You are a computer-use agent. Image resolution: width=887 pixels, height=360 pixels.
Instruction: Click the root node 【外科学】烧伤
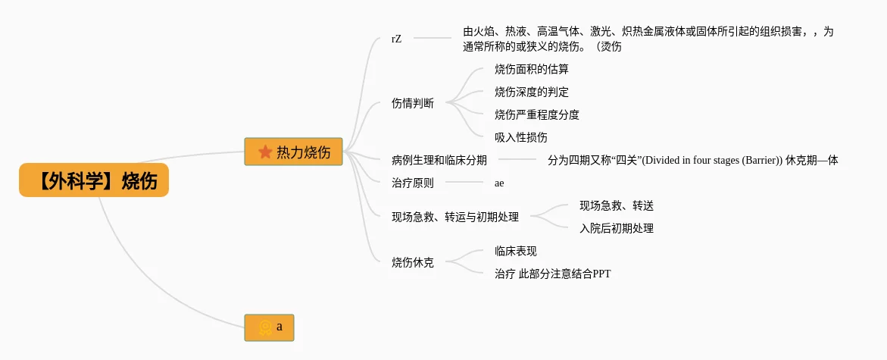(x=94, y=181)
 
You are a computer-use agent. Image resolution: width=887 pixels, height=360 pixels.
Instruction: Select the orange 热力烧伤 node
(x=293, y=152)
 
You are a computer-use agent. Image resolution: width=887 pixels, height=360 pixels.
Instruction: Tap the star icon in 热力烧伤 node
(x=265, y=152)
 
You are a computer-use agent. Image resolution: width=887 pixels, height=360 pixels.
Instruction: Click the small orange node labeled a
(x=269, y=327)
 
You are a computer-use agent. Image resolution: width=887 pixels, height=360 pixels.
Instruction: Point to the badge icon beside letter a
(x=264, y=327)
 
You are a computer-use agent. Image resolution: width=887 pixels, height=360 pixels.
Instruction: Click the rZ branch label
(x=396, y=38)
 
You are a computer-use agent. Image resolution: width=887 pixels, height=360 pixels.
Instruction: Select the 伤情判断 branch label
(x=413, y=103)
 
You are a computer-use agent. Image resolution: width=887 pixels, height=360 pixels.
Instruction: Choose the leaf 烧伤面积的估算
(x=531, y=69)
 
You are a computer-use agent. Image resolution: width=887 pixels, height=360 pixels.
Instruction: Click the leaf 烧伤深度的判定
(x=531, y=92)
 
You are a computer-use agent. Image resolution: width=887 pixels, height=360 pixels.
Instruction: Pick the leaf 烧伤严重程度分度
(x=536, y=114)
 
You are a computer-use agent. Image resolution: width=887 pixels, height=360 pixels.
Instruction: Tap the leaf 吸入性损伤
(x=520, y=137)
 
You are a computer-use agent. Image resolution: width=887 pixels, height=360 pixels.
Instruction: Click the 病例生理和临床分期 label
(x=439, y=160)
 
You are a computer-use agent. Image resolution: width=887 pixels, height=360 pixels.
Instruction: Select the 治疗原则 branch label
(x=413, y=183)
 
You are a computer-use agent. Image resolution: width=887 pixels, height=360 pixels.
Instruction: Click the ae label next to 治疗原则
(x=499, y=183)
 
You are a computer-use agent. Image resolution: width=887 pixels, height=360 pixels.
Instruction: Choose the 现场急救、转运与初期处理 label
(x=455, y=217)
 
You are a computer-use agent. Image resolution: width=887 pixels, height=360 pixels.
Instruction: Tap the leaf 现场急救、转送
(x=616, y=205)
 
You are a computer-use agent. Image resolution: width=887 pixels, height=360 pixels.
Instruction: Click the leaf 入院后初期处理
(x=616, y=228)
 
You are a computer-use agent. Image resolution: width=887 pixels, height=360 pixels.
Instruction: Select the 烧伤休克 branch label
(x=413, y=262)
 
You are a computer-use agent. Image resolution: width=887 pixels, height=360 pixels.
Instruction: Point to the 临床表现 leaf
(x=515, y=251)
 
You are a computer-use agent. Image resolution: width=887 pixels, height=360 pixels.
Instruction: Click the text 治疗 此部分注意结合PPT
(x=552, y=274)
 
